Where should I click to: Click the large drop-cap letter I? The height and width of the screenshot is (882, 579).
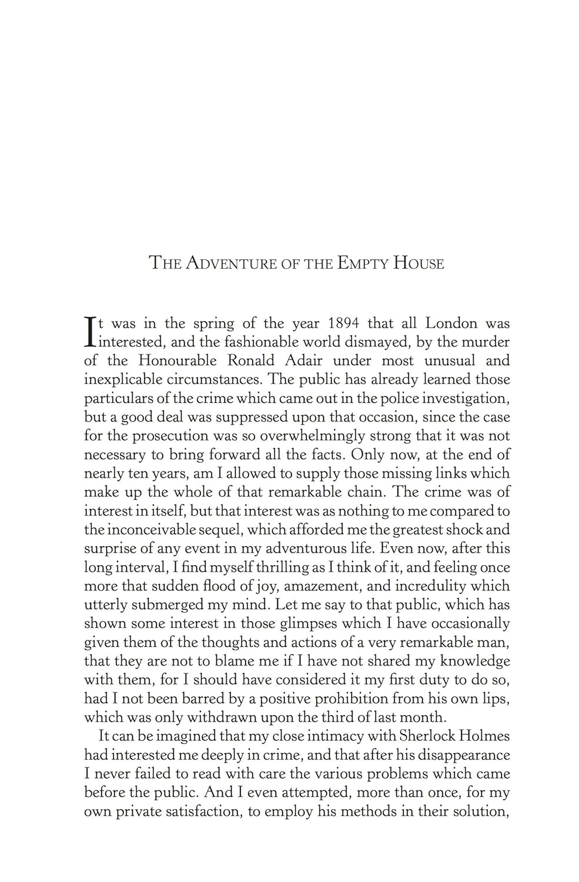coord(90,332)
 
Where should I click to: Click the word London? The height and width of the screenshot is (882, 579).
coord(451,323)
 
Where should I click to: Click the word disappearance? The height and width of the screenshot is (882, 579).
coord(459,755)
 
